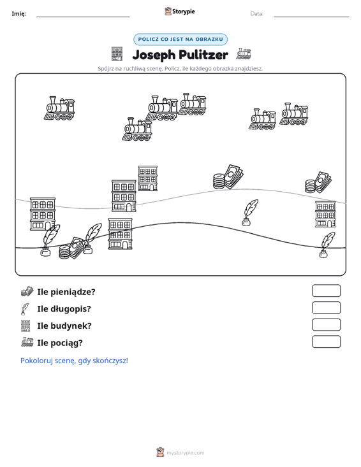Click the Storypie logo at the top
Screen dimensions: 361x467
point(180,11)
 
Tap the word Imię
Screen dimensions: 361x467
point(18,14)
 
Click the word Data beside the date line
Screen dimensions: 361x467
point(256,14)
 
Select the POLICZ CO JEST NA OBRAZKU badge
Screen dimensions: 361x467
point(180,40)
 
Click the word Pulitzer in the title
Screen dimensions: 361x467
point(203,55)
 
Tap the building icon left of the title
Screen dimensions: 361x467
point(117,54)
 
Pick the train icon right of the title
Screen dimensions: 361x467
point(244,54)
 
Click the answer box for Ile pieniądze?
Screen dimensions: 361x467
point(326,291)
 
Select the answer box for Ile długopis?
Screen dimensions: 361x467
point(326,308)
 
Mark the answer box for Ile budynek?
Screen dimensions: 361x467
point(326,325)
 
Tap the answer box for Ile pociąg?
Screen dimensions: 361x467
point(326,341)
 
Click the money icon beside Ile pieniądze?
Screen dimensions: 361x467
point(27,291)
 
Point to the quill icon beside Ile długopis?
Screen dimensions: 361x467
point(25,309)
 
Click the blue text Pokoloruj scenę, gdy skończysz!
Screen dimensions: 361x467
point(74,361)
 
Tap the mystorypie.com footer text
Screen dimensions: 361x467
point(185,453)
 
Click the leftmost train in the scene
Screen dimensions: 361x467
point(59,108)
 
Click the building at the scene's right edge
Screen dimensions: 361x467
point(325,215)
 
